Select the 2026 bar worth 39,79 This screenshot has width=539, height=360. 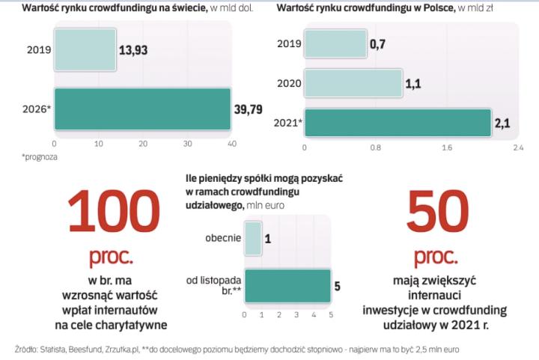(142, 109)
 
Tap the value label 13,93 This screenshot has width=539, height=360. (137, 51)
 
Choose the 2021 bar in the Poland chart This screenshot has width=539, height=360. (397, 123)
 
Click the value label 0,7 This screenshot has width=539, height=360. (377, 44)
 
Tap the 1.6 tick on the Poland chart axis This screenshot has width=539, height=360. (446, 148)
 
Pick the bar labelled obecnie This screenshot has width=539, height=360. (253, 238)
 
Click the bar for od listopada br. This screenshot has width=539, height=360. (287, 284)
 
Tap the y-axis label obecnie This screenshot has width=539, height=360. (222, 238)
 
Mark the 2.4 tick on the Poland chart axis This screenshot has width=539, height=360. (517, 148)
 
